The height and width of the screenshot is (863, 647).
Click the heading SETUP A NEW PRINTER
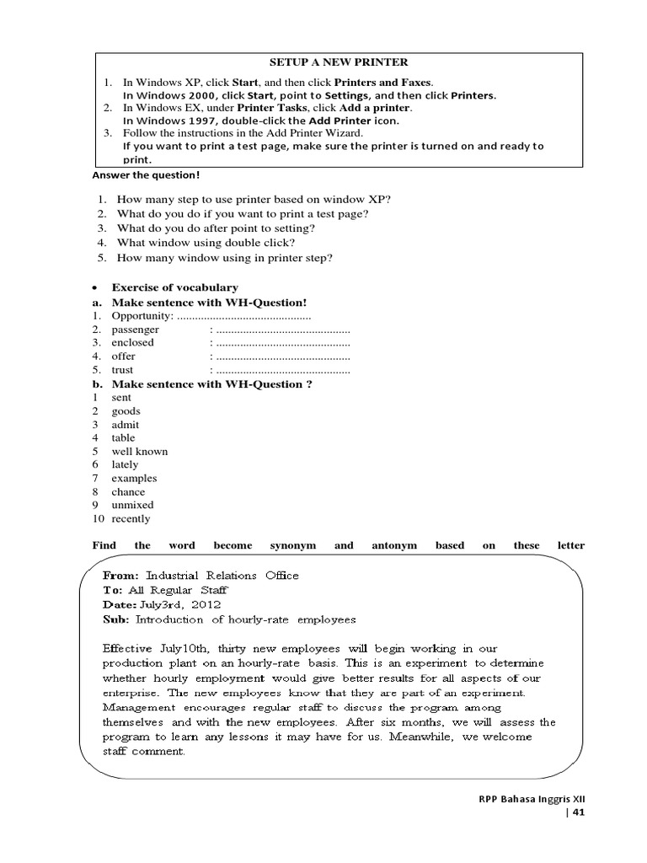pyautogui.click(x=338, y=62)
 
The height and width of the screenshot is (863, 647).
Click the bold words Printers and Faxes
pyautogui.click(x=383, y=83)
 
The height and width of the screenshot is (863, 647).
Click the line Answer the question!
pyautogui.click(x=146, y=175)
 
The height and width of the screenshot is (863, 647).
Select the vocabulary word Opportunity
pyautogui.click(x=141, y=315)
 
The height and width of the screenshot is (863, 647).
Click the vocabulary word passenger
pyautogui.click(x=136, y=330)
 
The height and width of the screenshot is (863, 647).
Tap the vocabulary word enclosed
pyautogui.click(x=133, y=343)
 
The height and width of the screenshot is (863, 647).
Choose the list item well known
pyautogui.click(x=140, y=451)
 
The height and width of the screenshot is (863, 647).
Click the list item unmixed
pyautogui.click(x=133, y=505)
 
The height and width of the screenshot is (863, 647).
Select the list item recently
pyautogui.click(x=131, y=518)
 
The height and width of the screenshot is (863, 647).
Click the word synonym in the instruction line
pyautogui.click(x=292, y=545)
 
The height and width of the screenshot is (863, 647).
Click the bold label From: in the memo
pyautogui.click(x=120, y=576)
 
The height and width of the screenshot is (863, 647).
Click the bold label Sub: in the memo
pyautogui.click(x=117, y=619)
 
